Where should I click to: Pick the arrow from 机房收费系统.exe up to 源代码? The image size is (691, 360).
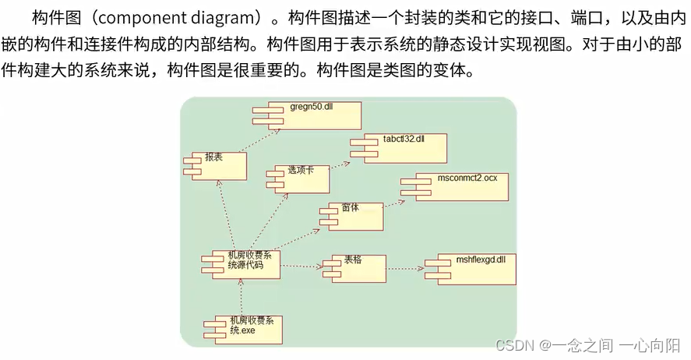[241, 297]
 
